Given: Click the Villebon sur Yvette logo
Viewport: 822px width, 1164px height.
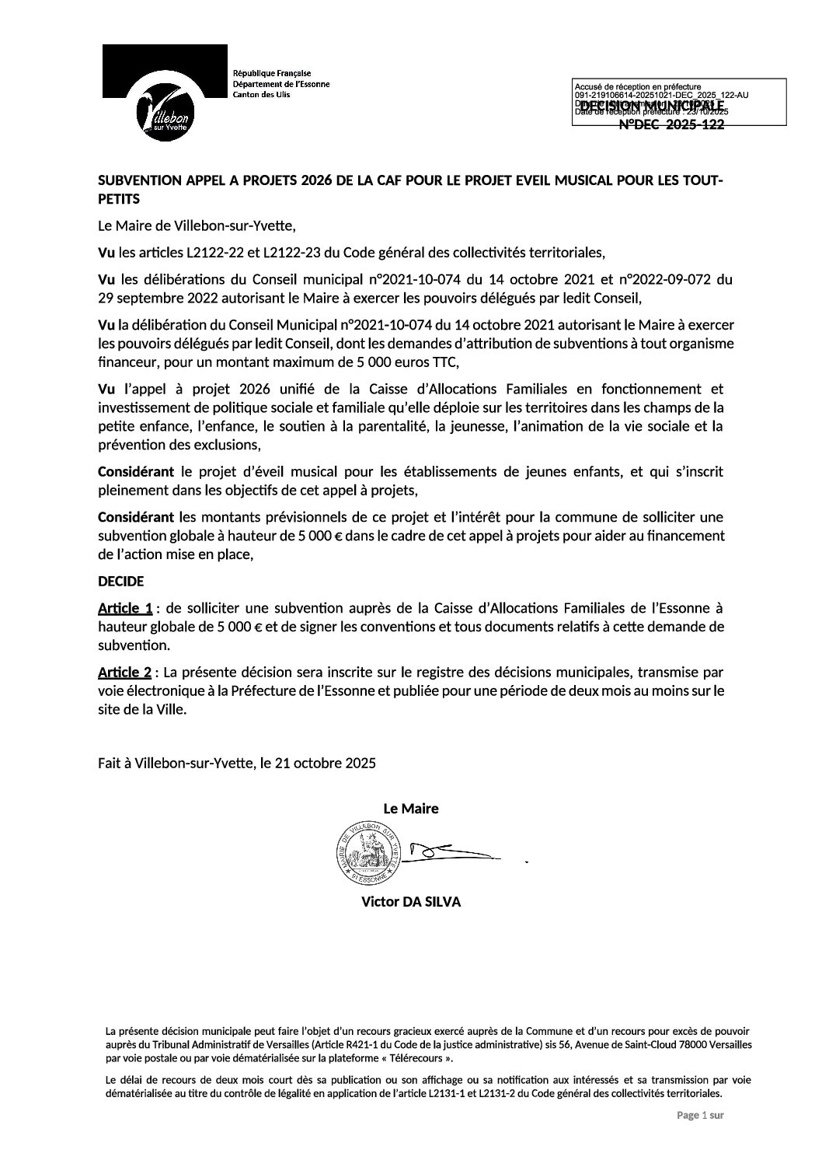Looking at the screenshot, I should pyautogui.click(x=165, y=93).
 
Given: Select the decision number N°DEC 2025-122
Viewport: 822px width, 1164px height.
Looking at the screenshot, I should pyautogui.click(x=671, y=125).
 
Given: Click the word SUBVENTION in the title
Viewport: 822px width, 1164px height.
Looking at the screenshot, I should pyautogui.click(x=140, y=181).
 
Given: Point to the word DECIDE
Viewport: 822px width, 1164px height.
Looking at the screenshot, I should pyautogui.click(x=120, y=581).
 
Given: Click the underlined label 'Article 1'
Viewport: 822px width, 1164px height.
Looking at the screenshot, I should pyautogui.click(x=124, y=608).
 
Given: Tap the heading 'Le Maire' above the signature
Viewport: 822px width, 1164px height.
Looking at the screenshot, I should pyautogui.click(x=410, y=809).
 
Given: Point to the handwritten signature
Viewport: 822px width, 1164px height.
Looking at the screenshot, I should pyautogui.click(x=451, y=852).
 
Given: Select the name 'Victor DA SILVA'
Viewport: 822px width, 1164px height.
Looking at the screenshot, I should pyautogui.click(x=410, y=902).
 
